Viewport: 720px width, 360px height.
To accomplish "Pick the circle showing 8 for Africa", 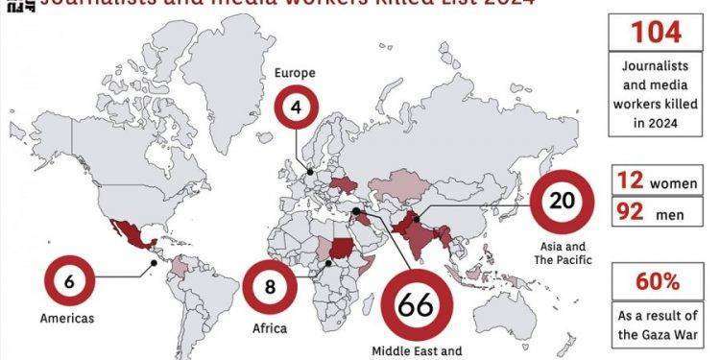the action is [x=270, y=286].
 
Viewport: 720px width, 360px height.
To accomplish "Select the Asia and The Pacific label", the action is [x=564, y=252].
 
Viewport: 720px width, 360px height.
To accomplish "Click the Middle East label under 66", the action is [x=415, y=350].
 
